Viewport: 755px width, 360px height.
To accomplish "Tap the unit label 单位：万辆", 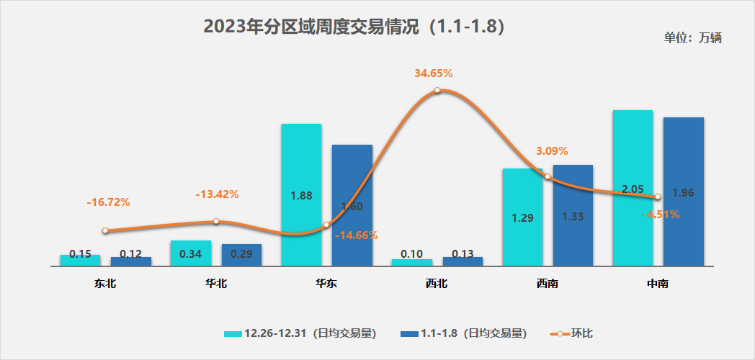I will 692,38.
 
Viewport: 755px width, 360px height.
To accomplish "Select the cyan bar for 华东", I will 301,194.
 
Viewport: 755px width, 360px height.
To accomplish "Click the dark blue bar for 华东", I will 352,205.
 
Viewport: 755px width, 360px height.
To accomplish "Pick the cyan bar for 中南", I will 633,188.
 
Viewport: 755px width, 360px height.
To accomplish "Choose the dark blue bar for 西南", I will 573,215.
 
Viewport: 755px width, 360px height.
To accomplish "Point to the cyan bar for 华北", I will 191,253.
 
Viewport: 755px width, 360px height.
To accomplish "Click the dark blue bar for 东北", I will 131,261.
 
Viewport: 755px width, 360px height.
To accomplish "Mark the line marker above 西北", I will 437,91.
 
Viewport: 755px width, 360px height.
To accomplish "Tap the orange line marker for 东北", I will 105,231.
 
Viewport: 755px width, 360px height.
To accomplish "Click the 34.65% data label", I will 433,73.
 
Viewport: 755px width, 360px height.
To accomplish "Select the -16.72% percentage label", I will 108,202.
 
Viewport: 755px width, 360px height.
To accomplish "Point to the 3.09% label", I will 552,151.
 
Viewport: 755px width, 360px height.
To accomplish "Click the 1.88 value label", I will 300,195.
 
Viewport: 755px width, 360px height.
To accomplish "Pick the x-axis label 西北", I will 437,284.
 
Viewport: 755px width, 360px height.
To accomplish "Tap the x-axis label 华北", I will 215,284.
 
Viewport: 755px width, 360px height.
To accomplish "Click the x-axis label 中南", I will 658,284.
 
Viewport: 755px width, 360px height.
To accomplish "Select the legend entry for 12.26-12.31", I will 300,333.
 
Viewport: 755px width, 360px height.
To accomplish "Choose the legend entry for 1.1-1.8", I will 464,333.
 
